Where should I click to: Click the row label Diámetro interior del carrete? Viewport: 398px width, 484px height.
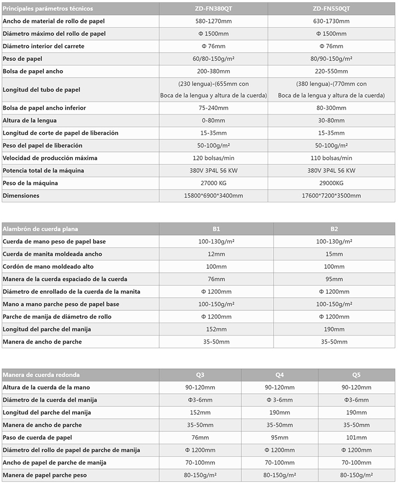(43, 46)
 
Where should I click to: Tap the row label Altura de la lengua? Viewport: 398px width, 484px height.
(29, 121)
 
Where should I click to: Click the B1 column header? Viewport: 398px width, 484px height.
(216, 229)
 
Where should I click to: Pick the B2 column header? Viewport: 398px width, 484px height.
(334, 229)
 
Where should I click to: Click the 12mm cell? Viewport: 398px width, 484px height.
(216, 254)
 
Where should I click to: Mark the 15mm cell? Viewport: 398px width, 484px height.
(334, 254)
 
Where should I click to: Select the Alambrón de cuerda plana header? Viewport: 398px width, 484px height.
(40, 229)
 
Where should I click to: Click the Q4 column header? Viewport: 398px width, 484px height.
(280, 375)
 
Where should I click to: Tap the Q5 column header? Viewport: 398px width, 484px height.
(356, 375)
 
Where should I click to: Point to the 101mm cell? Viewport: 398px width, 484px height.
(356, 437)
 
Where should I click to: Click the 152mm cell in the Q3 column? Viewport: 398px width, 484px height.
(200, 412)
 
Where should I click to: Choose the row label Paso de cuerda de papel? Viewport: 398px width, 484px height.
(37, 437)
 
